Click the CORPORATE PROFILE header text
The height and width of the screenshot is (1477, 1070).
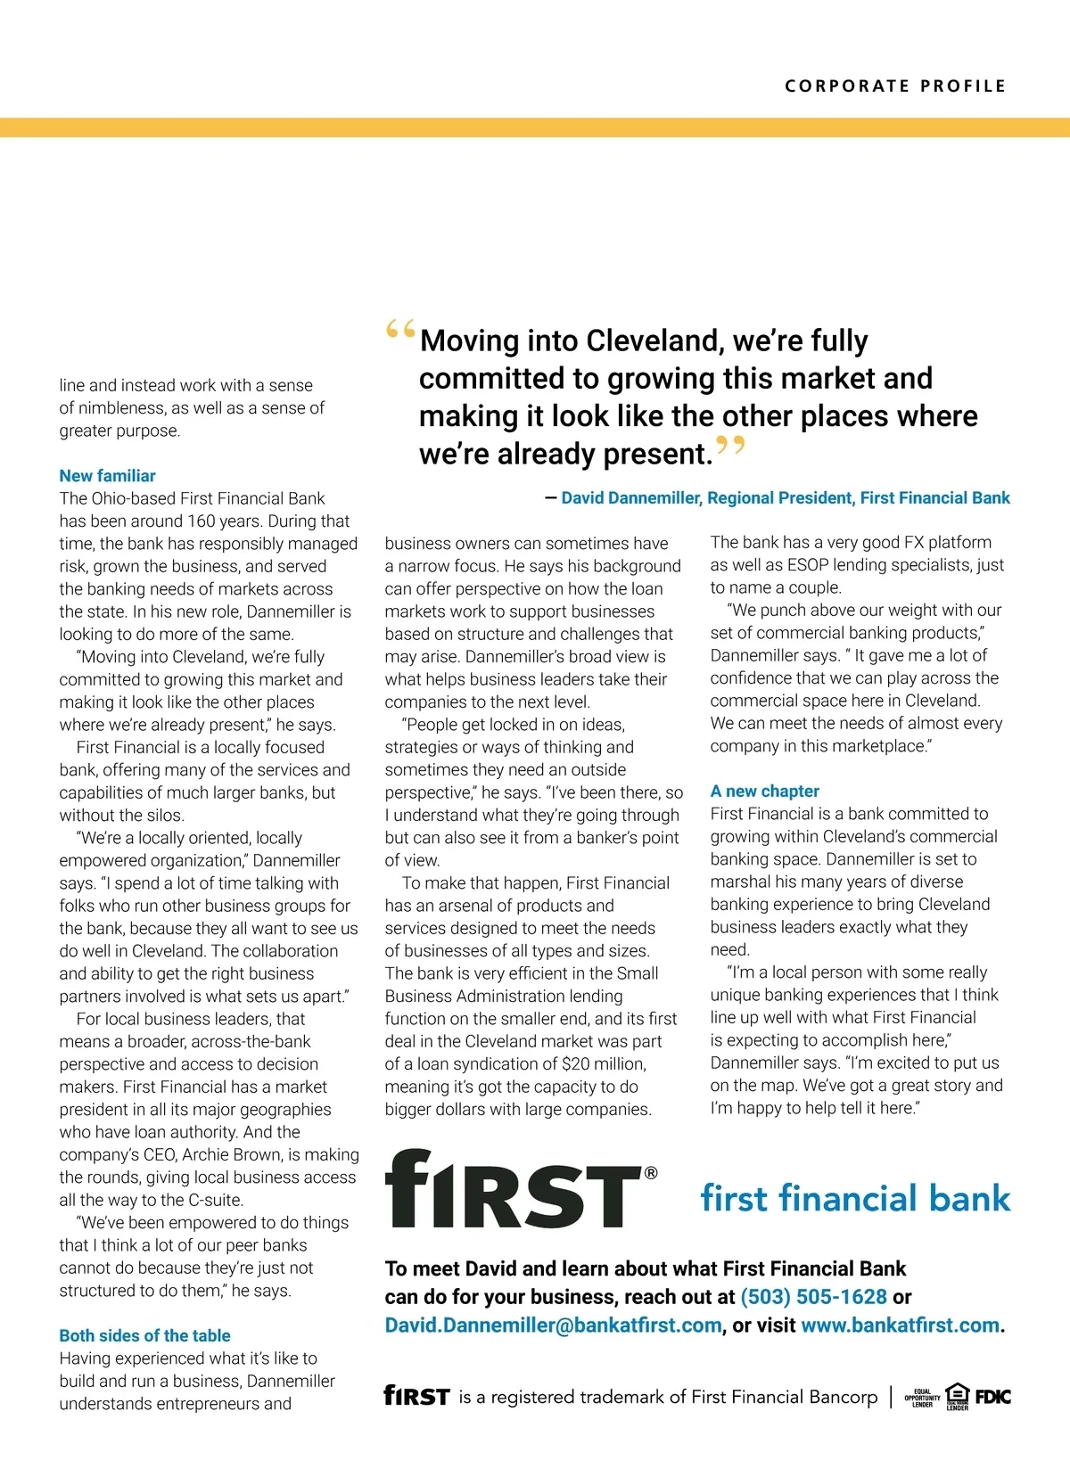pyautogui.click(x=895, y=86)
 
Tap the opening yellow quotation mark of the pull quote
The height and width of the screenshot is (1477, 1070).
pyautogui.click(x=400, y=331)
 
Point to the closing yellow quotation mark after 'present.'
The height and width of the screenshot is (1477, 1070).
pyautogui.click(x=730, y=446)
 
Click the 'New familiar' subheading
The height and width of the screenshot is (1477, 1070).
pyautogui.click(x=107, y=476)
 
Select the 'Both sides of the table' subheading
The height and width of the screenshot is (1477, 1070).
pyautogui.click(x=144, y=1335)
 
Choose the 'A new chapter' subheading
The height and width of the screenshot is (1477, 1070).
pyautogui.click(x=764, y=791)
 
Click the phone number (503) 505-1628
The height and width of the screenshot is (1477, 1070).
pyautogui.click(x=813, y=1297)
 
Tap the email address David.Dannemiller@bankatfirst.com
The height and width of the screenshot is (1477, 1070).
pyautogui.click(x=553, y=1325)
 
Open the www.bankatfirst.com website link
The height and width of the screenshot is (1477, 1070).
pyautogui.click(x=900, y=1325)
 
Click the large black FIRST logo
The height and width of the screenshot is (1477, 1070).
pyautogui.click(x=514, y=1190)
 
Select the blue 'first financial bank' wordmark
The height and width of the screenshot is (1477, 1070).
pyautogui.click(x=855, y=1199)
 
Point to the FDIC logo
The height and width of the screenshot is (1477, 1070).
pyautogui.click(x=992, y=1397)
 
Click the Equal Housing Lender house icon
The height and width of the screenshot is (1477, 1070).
pyautogui.click(x=957, y=1394)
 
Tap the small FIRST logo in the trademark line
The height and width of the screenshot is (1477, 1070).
pyautogui.click(x=416, y=1396)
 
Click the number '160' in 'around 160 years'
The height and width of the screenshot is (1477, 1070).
pyautogui.click(x=204, y=521)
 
